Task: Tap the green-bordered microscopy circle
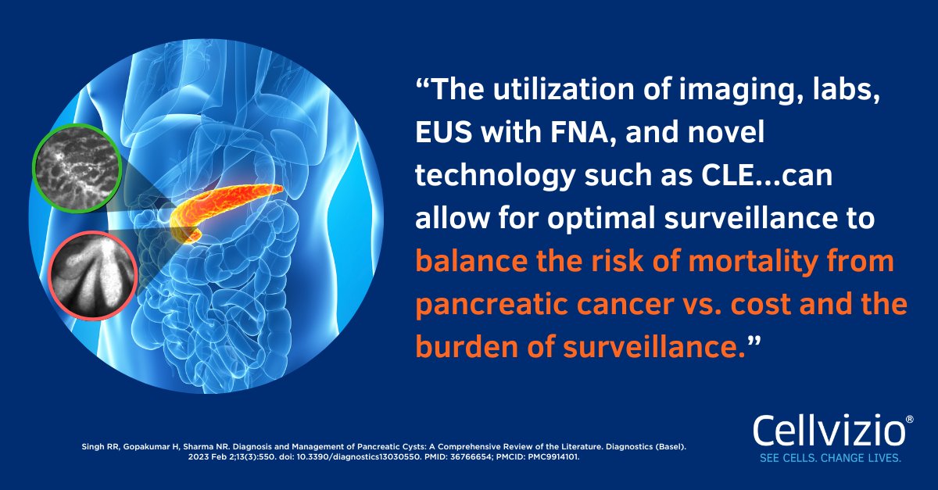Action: point(76,167)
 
